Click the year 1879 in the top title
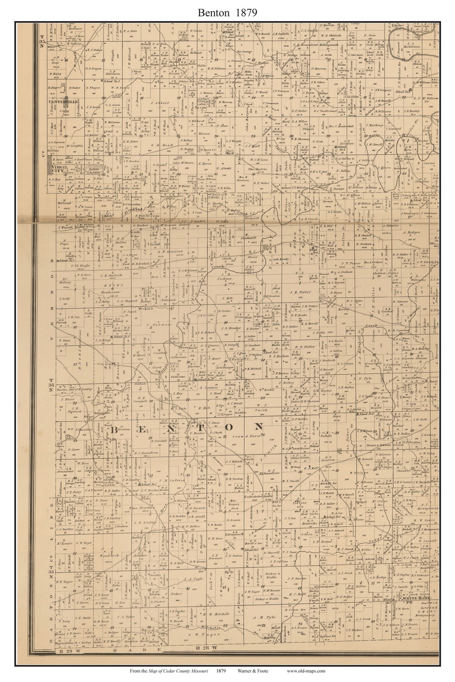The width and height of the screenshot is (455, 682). (246, 13)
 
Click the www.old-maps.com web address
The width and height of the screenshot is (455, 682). (306, 671)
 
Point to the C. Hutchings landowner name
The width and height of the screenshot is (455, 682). (374, 125)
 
